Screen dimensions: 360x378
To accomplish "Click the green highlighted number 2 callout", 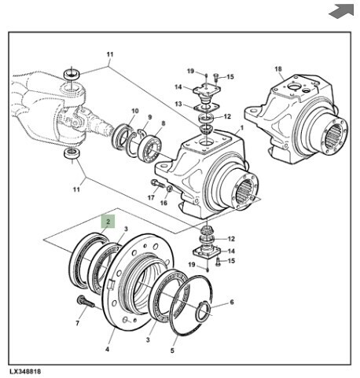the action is [x=108, y=222].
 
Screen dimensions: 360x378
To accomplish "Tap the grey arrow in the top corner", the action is [x=341, y=11].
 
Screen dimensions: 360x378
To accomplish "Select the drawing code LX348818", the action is [x=25, y=372].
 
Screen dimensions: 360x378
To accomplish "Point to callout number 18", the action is [x=278, y=69].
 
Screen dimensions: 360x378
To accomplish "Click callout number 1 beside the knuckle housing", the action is [x=242, y=128].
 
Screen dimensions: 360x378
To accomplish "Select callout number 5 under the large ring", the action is [x=172, y=350].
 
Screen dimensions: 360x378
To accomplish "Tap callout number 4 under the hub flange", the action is [x=107, y=349].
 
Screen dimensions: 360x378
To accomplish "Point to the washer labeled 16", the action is [x=170, y=189].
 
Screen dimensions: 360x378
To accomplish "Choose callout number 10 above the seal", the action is [x=135, y=111].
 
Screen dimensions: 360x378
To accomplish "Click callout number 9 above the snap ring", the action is [x=150, y=117].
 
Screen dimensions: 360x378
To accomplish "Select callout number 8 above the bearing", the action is [x=163, y=123].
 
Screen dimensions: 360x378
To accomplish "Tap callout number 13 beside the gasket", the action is [x=178, y=104].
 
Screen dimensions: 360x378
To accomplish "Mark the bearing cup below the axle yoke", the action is [x=72, y=153].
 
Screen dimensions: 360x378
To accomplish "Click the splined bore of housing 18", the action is [x=333, y=135].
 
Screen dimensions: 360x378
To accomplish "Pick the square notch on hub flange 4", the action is [x=111, y=284].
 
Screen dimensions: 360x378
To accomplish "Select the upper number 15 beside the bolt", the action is [x=230, y=77].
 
